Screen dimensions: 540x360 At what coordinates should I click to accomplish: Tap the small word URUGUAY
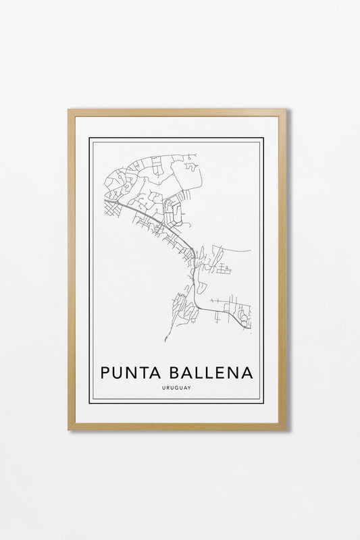[x=176, y=387]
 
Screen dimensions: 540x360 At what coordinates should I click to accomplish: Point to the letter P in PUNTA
[x=105, y=372]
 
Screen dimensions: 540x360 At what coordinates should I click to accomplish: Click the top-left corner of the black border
[x=90, y=138]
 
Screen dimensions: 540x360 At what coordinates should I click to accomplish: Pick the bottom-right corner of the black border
[x=263, y=403]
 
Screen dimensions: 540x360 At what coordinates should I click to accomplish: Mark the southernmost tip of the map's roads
[x=165, y=341]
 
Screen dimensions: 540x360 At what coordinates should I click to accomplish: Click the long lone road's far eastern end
[x=251, y=251]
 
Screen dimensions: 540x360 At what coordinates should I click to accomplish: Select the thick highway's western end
[x=105, y=200]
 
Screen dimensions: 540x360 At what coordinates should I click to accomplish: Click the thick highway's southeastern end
[x=250, y=328]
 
